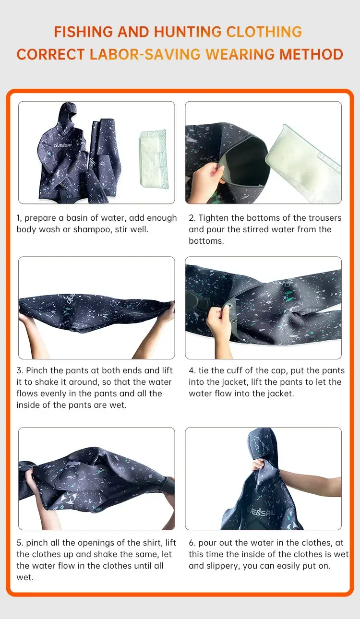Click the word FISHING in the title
83,32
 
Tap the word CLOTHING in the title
264,32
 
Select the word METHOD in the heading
311,54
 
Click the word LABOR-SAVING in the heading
145,54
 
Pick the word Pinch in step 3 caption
37,370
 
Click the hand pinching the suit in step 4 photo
219,321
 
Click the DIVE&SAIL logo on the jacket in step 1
62,145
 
